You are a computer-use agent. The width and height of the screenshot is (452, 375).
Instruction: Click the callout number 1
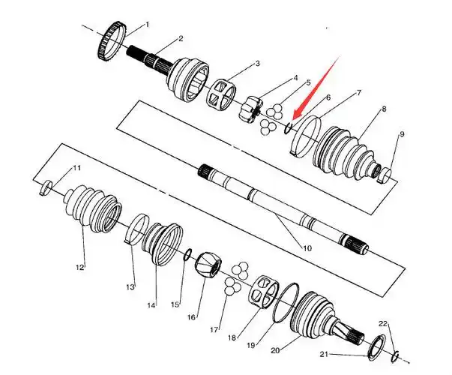coord(148,25)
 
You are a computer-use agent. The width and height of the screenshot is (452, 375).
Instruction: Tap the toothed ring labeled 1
coord(111,41)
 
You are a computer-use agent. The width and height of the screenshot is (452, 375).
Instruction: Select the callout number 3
coord(257,63)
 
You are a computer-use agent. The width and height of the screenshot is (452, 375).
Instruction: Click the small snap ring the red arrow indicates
coord(289,127)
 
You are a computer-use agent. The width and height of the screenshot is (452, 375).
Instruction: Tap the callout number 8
coord(383,109)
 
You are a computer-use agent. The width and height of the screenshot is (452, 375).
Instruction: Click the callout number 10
coord(307,248)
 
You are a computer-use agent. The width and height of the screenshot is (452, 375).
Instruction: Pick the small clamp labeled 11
coord(46,187)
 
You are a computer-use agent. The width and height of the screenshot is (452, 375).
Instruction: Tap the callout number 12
coord(80,268)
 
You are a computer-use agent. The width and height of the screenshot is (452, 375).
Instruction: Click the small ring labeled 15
coord(187,253)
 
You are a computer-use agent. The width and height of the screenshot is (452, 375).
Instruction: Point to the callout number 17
coord(214,330)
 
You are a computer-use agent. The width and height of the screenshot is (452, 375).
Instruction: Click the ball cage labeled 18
coord(263,292)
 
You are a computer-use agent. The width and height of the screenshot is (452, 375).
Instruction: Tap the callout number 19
coord(251,345)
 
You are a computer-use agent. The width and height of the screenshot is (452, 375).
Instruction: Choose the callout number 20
coord(275,350)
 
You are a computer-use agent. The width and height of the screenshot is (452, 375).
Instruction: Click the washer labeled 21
coord(377,347)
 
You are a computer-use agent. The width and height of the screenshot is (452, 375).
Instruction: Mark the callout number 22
coord(383,324)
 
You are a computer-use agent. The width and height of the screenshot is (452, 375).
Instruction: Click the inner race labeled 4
coord(250,109)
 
